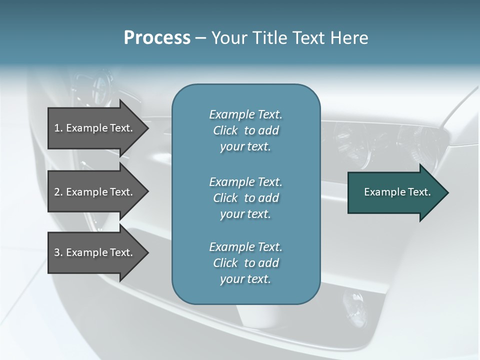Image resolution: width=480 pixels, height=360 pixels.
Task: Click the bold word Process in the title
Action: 157,38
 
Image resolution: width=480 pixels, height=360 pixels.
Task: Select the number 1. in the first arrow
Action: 58,128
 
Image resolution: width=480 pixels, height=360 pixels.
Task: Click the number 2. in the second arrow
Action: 58,192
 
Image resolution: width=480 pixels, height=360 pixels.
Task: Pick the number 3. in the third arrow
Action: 58,252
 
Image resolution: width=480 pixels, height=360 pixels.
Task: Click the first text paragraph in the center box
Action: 245,130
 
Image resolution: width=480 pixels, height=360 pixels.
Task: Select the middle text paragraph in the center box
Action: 245,198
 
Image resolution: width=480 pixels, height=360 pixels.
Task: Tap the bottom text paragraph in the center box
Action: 245,263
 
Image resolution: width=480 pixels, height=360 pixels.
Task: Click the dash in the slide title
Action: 200,38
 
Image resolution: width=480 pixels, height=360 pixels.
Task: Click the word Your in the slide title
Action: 227,38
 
